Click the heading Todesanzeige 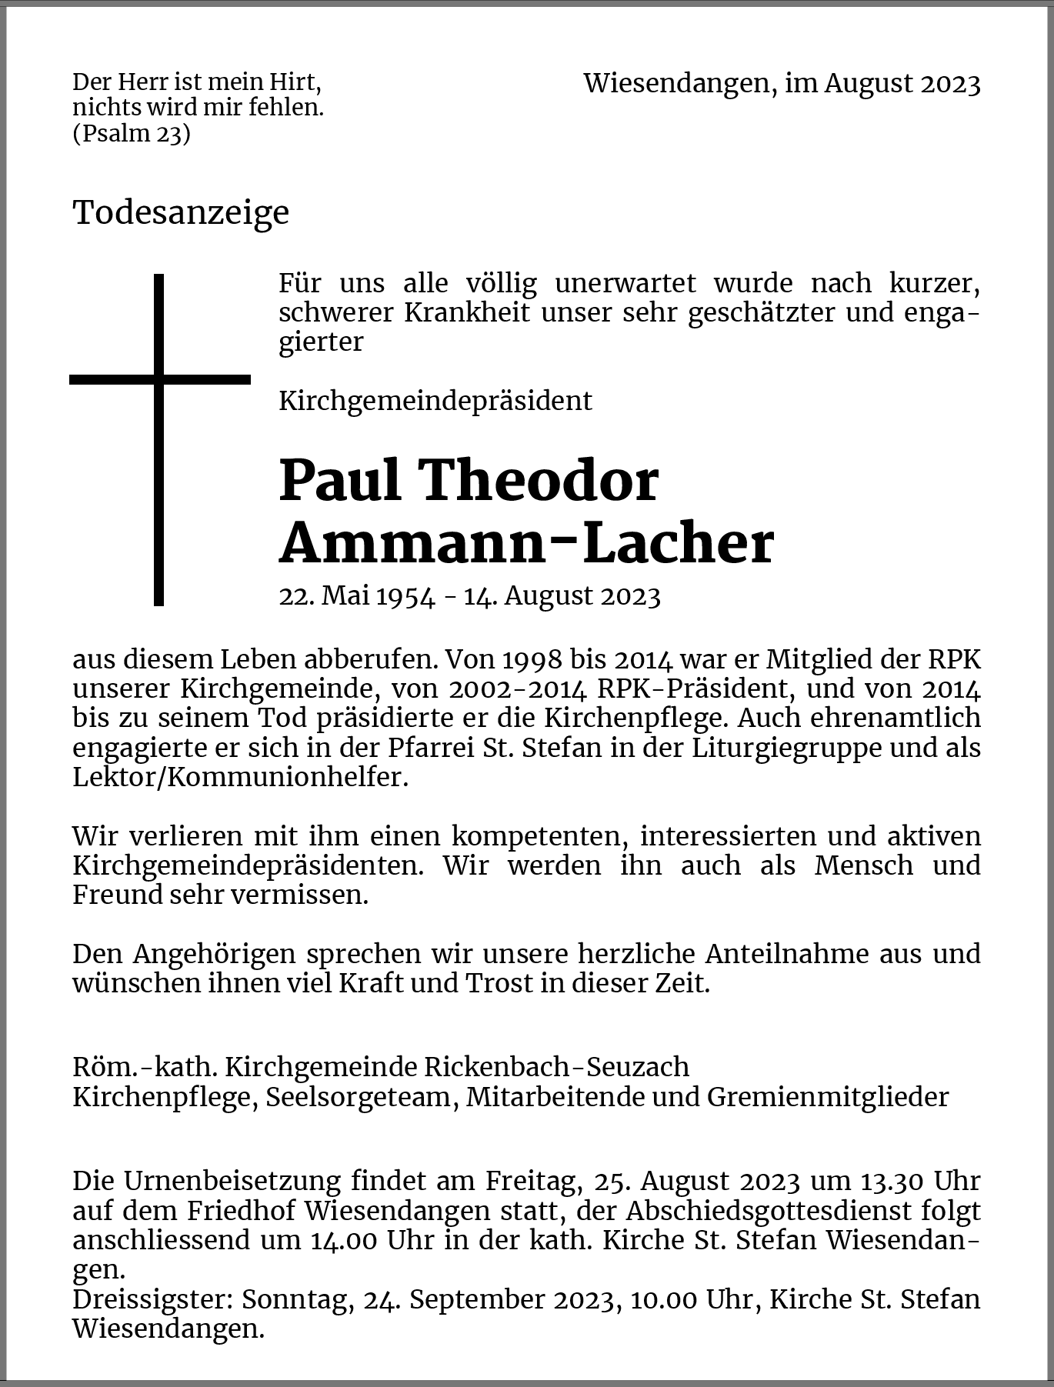pos(181,212)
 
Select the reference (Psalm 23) pos(132,134)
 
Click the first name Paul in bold pos(339,480)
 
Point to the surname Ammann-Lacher pos(525,543)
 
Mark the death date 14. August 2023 pos(562,596)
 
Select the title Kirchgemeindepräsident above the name pos(435,401)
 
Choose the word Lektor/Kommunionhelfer pos(239,777)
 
